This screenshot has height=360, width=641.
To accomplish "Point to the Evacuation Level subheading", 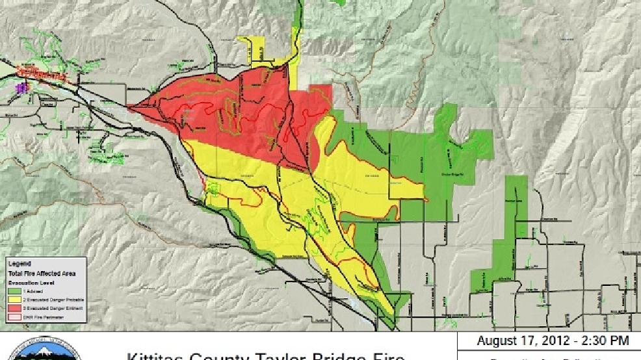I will click(29, 283).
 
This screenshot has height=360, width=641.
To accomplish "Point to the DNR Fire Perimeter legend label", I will click(42, 316).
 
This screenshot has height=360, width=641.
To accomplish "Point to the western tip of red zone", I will click(130, 107).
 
